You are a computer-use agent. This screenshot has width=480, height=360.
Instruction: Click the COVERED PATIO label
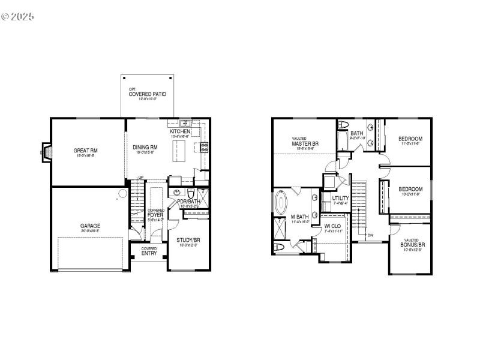tap(147, 94)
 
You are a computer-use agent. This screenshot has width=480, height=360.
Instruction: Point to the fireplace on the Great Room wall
tap(46, 152)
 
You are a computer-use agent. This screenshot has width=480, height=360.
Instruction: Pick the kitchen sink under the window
tap(186, 123)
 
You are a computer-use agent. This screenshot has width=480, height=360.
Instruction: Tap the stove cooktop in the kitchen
tap(204, 148)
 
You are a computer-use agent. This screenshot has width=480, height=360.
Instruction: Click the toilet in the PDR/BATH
tap(191, 193)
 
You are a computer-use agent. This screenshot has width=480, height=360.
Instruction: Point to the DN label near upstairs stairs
tap(370, 235)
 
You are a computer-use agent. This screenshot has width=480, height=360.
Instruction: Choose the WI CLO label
tap(332, 227)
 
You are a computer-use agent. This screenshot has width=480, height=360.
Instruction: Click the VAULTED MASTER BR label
tap(305, 143)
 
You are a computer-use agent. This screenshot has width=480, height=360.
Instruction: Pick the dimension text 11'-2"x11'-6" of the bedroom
tap(410, 144)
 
